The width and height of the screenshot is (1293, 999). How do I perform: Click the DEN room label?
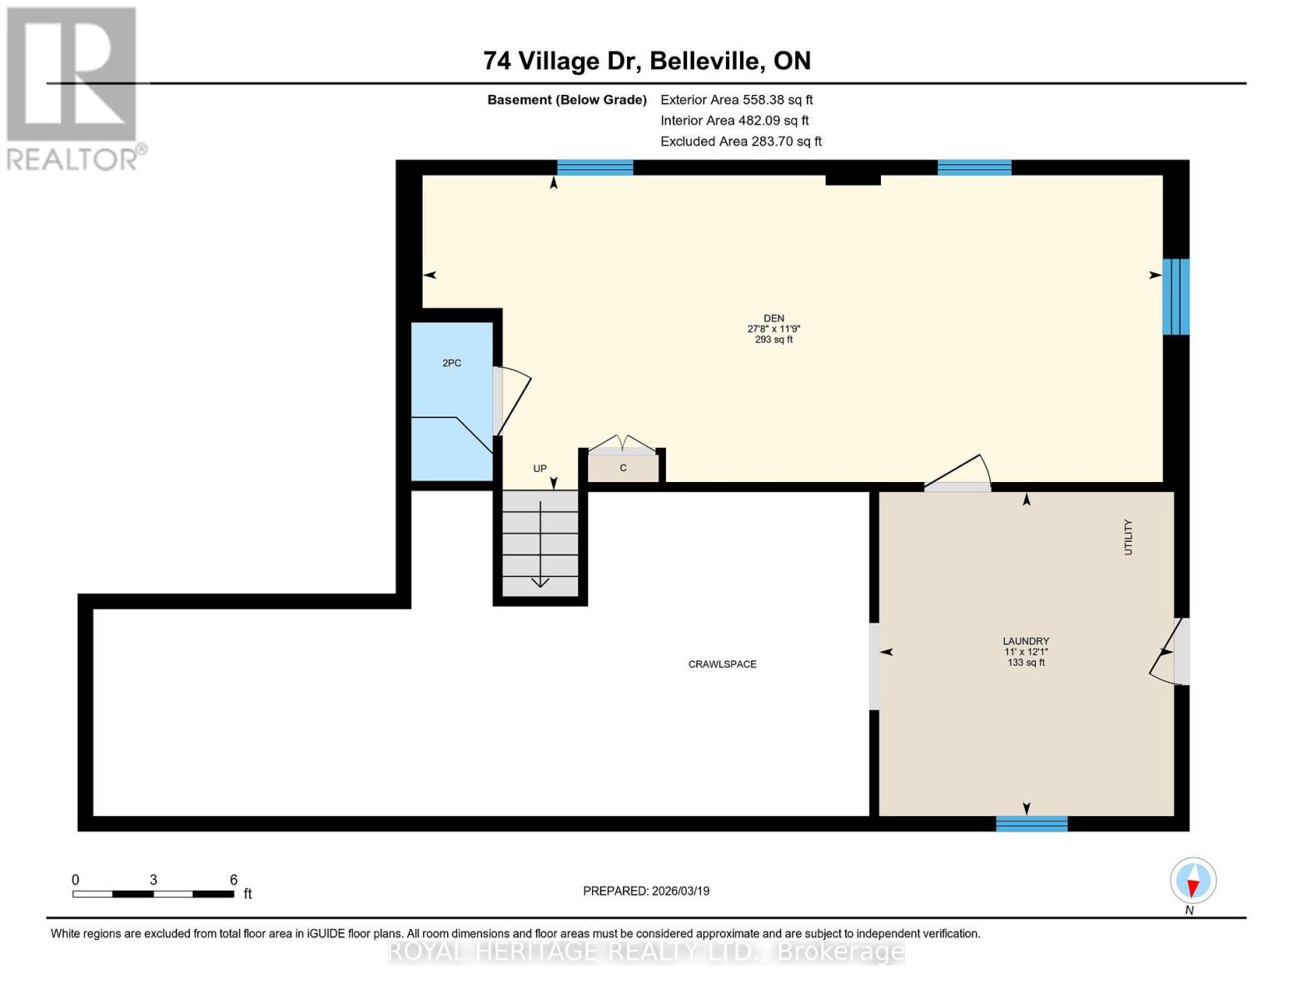click(x=773, y=319)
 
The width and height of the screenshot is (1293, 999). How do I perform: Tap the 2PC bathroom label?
click(x=451, y=364)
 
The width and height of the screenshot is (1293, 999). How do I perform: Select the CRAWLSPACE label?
click(x=722, y=664)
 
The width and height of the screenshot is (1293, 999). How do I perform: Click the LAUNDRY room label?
click(x=1026, y=642)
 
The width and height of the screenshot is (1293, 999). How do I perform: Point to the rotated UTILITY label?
click(x=1128, y=537)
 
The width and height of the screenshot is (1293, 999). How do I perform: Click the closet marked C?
click(x=623, y=468)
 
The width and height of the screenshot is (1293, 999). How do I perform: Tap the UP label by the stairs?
click(x=540, y=469)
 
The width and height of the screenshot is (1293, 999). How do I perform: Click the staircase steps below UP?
click(x=540, y=543)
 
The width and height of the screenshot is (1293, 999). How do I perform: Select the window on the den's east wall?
click(x=1176, y=296)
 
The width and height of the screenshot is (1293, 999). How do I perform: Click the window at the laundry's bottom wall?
click(x=1032, y=823)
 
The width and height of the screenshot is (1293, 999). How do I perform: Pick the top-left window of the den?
click(x=594, y=167)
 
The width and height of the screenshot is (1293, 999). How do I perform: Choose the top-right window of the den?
click(x=974, y=167)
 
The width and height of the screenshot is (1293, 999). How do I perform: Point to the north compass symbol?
click(x=1192, y=881)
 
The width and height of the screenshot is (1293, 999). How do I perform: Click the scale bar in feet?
click(x=153, y=893)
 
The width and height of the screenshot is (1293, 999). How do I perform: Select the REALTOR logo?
click(x=72, y=88)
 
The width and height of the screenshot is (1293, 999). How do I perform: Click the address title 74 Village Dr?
click(x=647, y=61)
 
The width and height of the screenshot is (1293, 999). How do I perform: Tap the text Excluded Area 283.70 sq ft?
click(x=740, y=142)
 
